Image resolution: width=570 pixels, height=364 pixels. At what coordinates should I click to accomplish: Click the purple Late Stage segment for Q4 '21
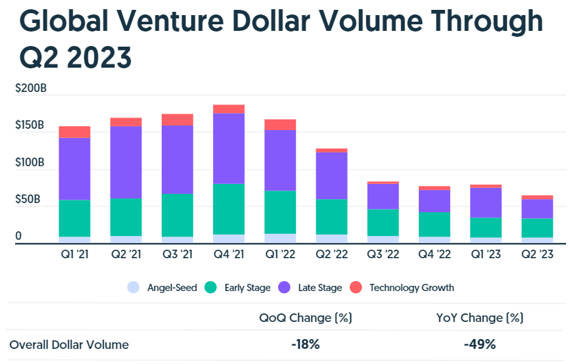[229, 148]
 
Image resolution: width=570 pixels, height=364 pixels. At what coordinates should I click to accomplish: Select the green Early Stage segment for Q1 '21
[74, 218]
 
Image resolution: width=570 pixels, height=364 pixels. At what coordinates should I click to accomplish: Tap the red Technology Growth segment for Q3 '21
[178, 120]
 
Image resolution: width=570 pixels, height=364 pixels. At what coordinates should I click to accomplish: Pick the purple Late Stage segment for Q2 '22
[331, 175]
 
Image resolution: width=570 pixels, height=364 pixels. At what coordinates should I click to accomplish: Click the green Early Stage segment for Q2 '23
[537, 228]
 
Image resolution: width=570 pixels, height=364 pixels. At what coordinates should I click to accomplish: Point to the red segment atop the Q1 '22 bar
[280, 125]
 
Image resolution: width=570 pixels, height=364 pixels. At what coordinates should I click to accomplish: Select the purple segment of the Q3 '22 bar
[383, 196]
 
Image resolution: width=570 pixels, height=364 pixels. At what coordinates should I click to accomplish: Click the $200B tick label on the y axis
[31, 88]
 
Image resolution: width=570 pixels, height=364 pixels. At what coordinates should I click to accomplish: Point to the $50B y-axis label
[28, 199]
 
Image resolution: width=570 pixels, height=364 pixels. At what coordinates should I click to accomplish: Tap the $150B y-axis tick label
[31, 125]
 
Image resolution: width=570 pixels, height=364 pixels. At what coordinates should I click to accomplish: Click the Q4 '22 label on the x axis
[434, 254]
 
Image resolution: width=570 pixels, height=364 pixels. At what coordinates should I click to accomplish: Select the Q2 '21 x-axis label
[126, 254]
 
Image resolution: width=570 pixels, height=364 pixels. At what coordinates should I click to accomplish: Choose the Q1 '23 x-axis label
[485, 254]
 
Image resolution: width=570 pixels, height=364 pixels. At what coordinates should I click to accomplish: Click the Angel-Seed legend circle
[133, 287]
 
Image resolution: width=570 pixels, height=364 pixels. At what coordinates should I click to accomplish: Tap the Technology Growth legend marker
[356, 287]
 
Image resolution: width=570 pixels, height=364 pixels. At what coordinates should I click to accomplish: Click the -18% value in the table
[306, 344]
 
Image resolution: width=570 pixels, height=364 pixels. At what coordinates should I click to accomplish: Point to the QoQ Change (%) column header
[306, 318]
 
